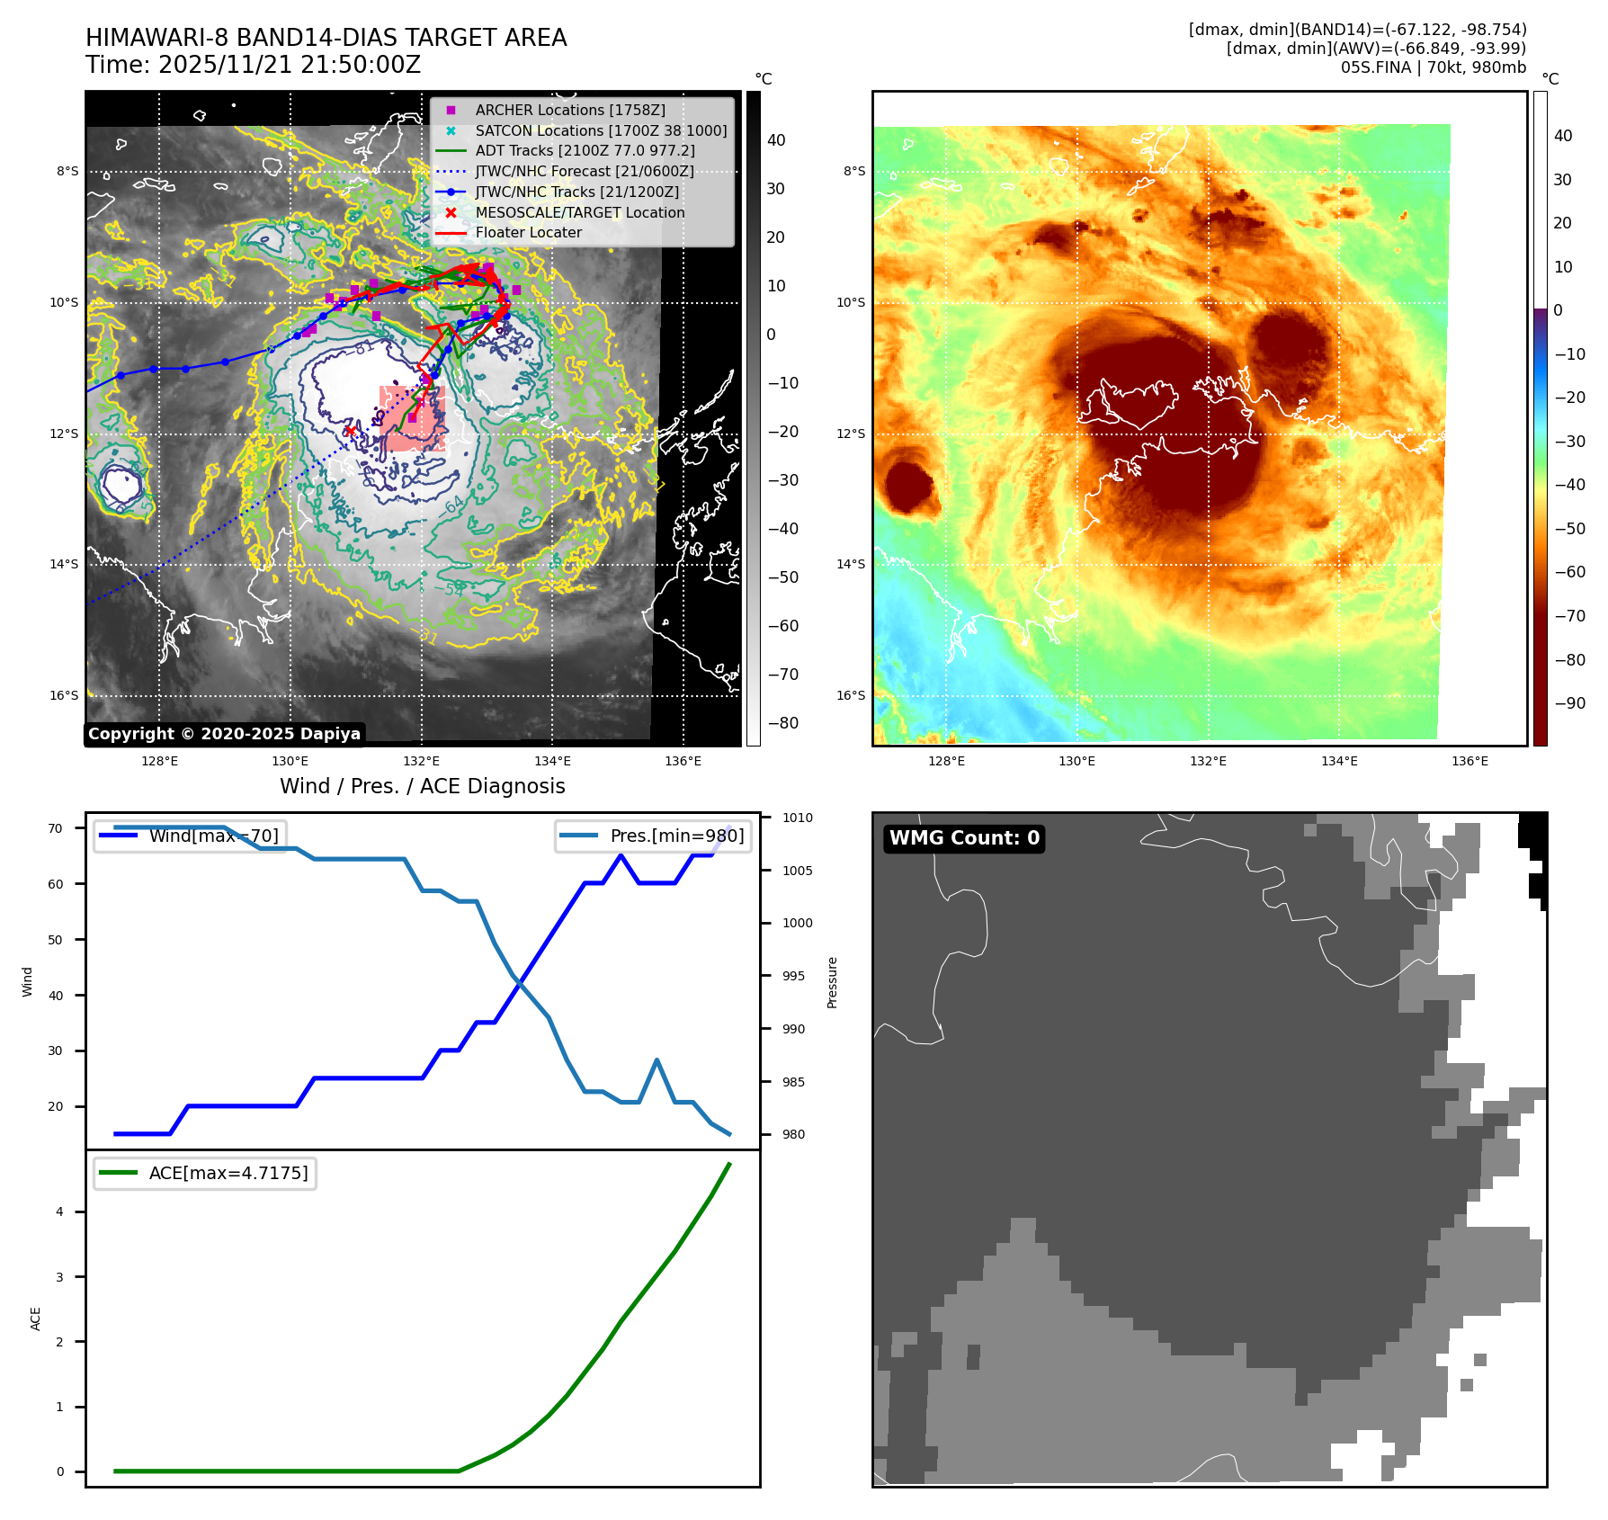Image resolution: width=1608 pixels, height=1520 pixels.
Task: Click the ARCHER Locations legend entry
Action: coord(570,110)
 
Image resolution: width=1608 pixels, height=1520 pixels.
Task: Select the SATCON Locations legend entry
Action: coord(601,130)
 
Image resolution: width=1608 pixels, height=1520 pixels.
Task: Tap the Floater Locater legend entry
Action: coord(528,232)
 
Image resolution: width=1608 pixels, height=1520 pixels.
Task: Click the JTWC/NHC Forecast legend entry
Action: coord(584,171)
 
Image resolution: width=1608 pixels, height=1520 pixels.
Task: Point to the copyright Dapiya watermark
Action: coord(224,734)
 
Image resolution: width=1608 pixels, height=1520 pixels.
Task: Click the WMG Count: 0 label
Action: coord(964,838)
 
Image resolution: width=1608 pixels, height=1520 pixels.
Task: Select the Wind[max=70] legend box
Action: coord(191,836)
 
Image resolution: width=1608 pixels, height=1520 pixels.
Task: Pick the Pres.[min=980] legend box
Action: coord(653,836)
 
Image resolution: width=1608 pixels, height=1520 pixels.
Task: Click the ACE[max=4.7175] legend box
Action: coord(205,1173)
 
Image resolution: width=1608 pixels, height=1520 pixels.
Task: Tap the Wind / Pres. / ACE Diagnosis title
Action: coord(422,786)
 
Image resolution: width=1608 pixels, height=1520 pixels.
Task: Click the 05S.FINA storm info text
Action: coord(1433,67)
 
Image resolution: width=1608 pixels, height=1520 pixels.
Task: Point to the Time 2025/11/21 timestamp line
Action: coord(253,65)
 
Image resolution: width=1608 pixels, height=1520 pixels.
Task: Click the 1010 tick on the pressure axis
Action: coord(797,818)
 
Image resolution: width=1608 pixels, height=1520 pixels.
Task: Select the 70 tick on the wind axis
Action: coord(56,828)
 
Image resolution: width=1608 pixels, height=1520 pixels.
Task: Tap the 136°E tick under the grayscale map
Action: coord(683,761)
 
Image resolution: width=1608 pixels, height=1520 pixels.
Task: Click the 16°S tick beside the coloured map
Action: coord(851,695)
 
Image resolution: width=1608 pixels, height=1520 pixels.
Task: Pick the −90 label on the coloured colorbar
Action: coord(1569,703)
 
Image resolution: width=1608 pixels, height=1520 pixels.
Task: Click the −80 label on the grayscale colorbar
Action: coord(782,723)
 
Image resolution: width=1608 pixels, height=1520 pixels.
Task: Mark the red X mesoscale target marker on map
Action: coord(350,432)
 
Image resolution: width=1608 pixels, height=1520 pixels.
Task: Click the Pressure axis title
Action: coord(832,982)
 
